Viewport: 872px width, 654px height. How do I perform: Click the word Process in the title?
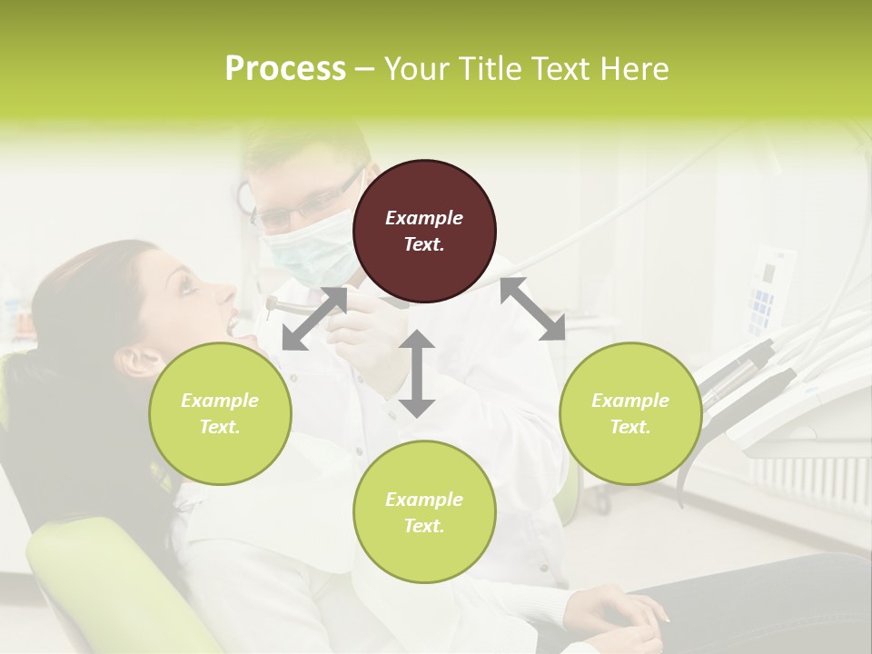(x=285, y=69)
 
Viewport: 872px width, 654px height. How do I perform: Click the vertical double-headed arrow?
(x=417, y=373)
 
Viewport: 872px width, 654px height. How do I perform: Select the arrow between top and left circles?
(x=314, y=319)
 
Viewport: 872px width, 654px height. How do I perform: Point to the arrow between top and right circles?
(x=532, y=309)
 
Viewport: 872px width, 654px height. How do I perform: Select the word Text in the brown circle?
(x=424, y=244)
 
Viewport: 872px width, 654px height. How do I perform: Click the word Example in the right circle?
(x=630, y=401)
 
